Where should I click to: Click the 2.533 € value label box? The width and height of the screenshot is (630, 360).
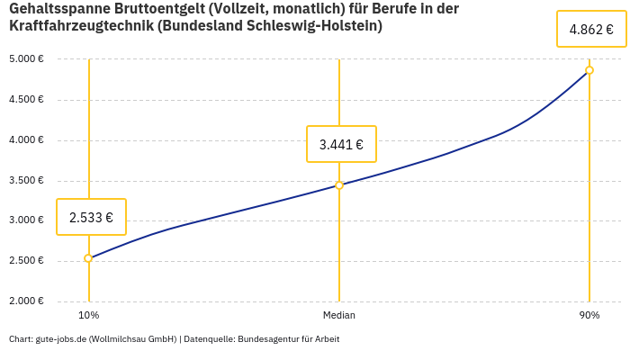91,217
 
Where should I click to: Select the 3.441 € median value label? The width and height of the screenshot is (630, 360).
341,144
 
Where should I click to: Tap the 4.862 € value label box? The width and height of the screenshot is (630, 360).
591,30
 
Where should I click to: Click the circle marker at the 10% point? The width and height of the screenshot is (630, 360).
88,258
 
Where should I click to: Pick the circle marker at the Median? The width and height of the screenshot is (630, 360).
339,185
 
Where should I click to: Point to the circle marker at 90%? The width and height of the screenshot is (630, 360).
589,70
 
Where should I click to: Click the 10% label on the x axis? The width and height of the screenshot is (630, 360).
88,315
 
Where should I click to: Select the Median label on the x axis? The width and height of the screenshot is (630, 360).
339,315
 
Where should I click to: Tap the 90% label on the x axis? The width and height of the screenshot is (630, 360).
589,315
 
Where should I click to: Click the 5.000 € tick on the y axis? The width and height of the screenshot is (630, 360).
27,59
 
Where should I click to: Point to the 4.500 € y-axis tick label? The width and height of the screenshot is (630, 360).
27,100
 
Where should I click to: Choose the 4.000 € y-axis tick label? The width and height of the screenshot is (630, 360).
27,140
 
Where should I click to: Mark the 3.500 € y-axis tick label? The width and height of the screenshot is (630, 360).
27,181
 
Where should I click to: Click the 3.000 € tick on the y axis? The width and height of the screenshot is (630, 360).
27,220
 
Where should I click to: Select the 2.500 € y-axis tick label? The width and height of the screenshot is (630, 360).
27,261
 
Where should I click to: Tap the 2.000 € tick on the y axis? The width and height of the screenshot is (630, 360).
27,301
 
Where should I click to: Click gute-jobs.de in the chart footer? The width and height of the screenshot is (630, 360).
60,339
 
